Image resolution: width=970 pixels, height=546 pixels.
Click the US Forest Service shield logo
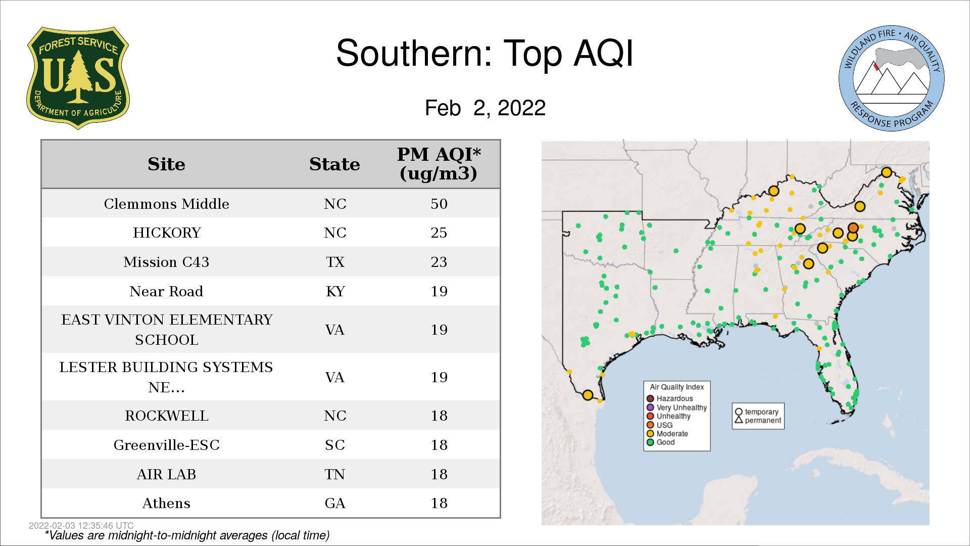click(x=78, y=78)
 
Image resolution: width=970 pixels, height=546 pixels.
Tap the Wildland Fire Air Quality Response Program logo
click(x=892, y=78)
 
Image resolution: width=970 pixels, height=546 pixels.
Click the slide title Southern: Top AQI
click(x=484, y=53)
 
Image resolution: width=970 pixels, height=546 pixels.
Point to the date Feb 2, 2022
click(x=485, y=108)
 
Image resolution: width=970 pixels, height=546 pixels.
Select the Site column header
click(x=166, y=164)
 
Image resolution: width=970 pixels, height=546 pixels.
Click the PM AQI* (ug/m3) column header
click(x=439, y=164)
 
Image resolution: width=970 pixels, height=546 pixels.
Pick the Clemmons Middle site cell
click(x=166, y=204)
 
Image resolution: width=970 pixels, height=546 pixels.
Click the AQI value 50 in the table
click(x=439, y=204)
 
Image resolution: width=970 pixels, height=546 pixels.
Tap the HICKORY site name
click(x=167, y=233)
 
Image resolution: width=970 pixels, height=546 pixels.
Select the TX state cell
click(x=335, y=262)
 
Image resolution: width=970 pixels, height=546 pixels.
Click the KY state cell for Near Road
click(x=335, y=291)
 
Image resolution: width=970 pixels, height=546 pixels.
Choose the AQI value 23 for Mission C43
click(x=439, y=262)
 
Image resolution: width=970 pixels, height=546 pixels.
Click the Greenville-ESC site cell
click(x=166, y=445)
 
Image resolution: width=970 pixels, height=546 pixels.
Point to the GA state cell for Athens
click(x=335, y=504)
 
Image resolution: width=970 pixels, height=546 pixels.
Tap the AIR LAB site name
click(x=166, y=474)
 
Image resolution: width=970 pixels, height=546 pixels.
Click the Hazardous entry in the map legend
click(x=670, y=398)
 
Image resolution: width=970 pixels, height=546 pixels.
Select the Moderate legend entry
click(x=667, y=434)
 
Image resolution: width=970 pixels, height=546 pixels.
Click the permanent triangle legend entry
click(x=758, y=420)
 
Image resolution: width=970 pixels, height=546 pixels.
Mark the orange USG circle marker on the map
click(x=853, y=228)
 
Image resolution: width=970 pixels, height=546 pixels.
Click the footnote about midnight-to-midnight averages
click(x=187, y=535)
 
